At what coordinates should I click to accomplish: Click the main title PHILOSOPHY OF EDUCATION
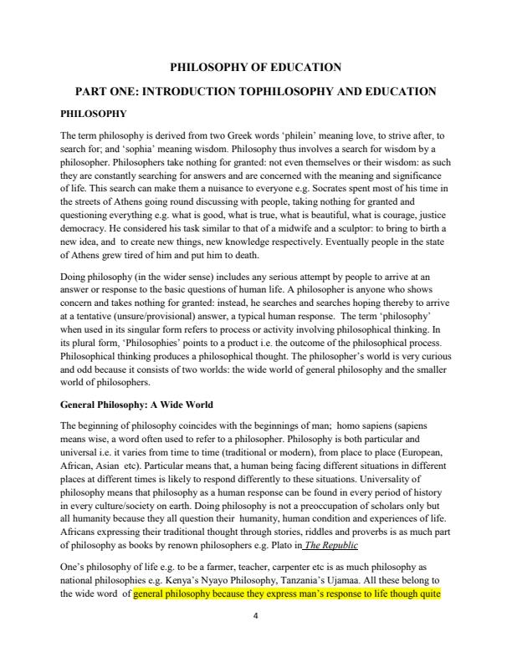(x=255, y=67)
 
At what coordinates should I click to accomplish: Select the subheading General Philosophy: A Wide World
(x=137, y=405)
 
